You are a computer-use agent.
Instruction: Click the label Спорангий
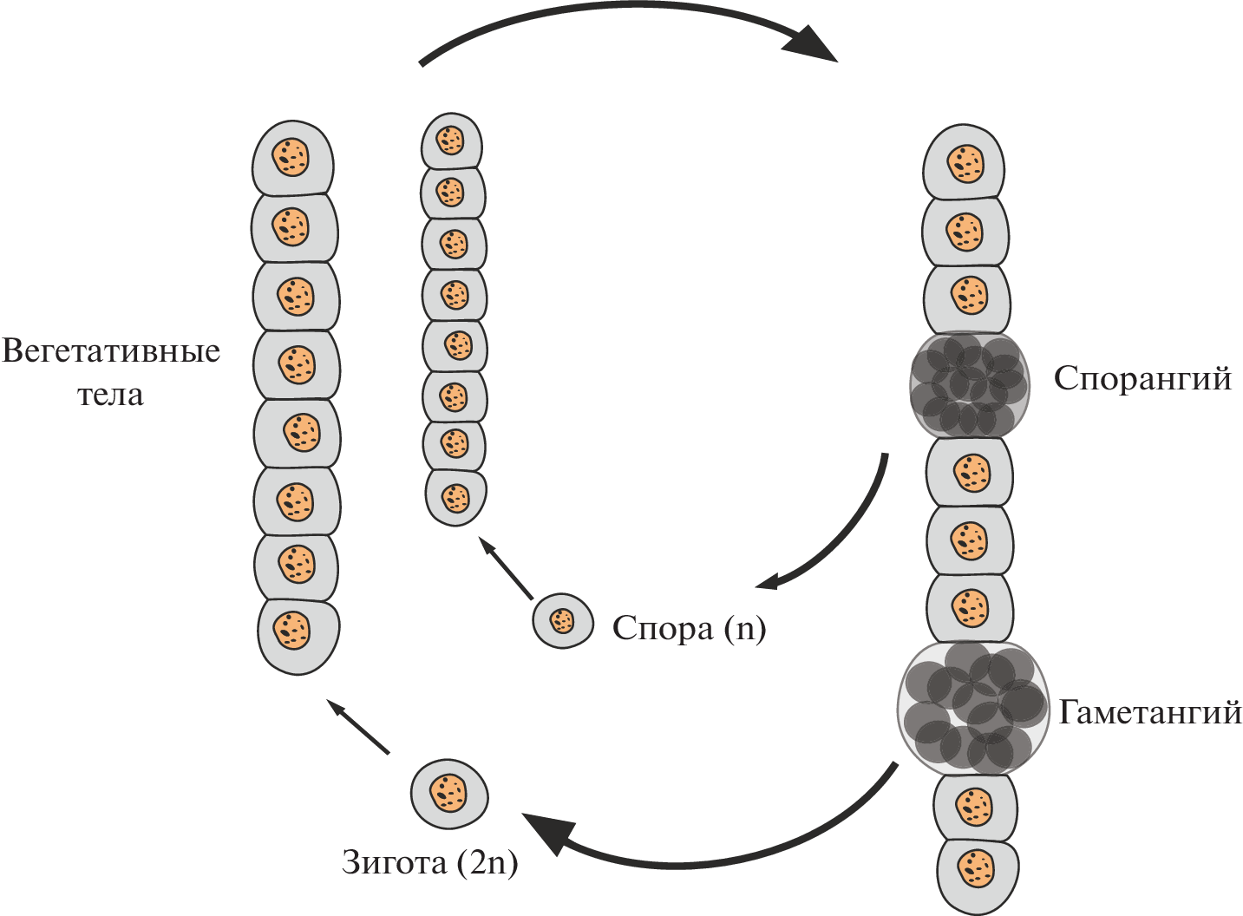point(1142,379)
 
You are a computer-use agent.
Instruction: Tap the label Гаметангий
point(1149,712)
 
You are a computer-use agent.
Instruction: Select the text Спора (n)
point(689,628)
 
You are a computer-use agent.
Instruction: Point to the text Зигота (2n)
point(429,862)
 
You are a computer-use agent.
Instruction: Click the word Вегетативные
point(111,352)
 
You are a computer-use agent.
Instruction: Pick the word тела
point(110,396)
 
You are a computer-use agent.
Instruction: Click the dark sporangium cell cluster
point(970,385)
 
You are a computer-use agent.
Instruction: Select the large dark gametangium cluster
point(972,708)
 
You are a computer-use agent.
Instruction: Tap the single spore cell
point(563,621)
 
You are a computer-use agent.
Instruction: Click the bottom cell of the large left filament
point(298,635)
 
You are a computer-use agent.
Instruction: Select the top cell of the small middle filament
point(451,140)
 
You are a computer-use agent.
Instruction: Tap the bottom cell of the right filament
point(978,872)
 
